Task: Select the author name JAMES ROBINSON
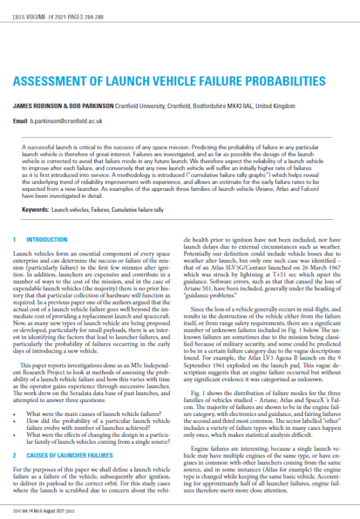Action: click(40, 106)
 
